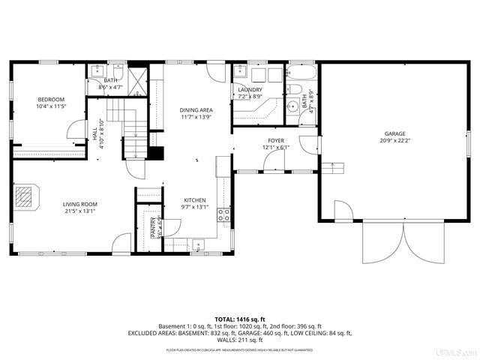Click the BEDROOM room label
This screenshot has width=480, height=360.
(x=52, y=99)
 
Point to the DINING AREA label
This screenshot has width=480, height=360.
(x=196, y=110)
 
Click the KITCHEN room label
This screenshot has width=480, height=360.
(x=193, y=200)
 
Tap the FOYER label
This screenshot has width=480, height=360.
(x=276, y=140)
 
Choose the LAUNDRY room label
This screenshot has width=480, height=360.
(x=250, y=90)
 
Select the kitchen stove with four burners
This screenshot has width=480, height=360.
(x=223, y=216)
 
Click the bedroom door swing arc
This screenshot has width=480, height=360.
(x=78, y=130)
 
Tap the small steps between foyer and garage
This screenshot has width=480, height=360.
(x=332, y=166)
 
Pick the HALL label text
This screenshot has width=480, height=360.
(x=94, y=133)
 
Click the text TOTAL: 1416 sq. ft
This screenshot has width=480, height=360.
(x=240, y=319)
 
